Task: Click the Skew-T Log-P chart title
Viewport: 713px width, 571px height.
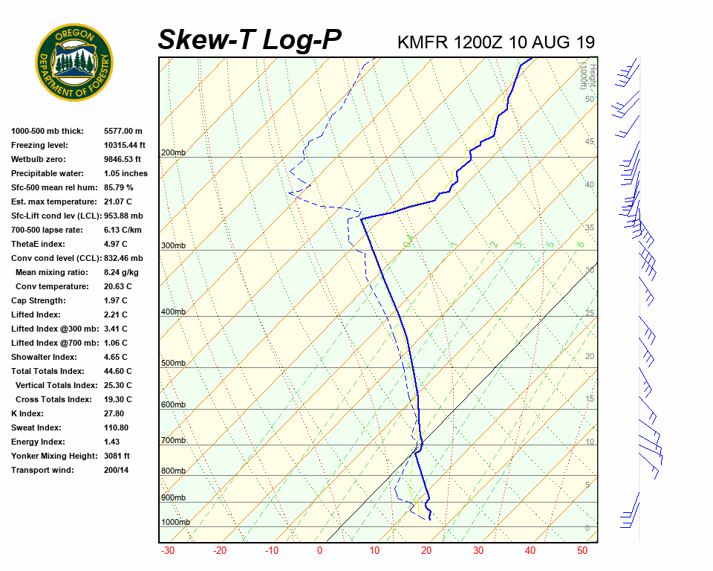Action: (250, 40)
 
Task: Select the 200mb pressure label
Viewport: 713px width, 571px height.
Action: (173, 153)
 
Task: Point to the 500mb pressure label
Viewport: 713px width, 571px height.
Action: (173, 364)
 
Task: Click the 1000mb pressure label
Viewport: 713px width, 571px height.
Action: (175, 523)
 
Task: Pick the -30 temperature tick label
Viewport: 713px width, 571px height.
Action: (168, 551)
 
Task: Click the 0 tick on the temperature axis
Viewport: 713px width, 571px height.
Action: (319, 551)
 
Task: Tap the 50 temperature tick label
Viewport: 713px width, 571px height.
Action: (582, 551)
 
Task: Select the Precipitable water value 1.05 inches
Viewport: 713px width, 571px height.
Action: (126, 174)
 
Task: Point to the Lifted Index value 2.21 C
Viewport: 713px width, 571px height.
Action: (115, 315)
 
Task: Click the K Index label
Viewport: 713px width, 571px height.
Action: (27, 414)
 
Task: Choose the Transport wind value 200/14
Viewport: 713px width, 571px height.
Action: (117, 471)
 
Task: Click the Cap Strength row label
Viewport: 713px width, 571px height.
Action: (38, 301)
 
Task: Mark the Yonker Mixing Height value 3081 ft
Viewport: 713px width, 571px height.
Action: (117, 457)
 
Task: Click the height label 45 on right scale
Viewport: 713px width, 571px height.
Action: (590, 142)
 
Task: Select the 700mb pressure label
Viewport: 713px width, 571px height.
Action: (173, 441)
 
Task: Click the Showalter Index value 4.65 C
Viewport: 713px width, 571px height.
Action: (115, 358)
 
